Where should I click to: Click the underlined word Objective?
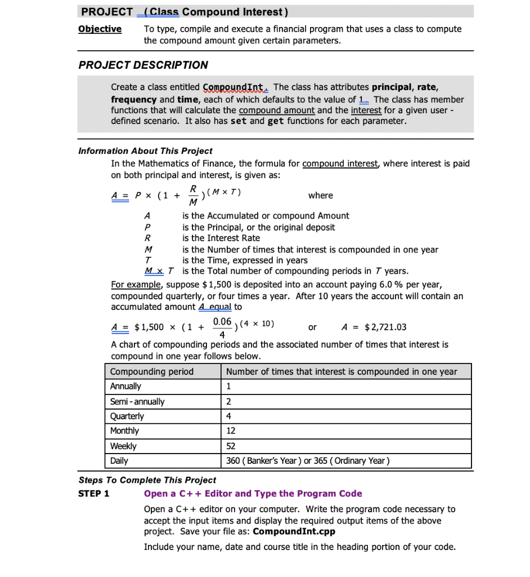coord(100,29)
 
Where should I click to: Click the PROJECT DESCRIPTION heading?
coord(143,65)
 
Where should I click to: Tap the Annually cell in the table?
coord(126,387)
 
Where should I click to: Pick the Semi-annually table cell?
coord(137,402)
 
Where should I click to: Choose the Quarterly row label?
coord(127,416)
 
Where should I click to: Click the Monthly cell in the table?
coord(125,431)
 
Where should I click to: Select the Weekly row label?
coord(123,446)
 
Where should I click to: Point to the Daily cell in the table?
coord(119,461)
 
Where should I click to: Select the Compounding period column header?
coord(152,372)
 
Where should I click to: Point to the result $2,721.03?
coord(385,327)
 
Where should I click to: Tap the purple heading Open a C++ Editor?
coord(253,494)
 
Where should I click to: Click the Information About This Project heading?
coord(145,151)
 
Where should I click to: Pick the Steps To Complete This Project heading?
coord(147,480)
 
